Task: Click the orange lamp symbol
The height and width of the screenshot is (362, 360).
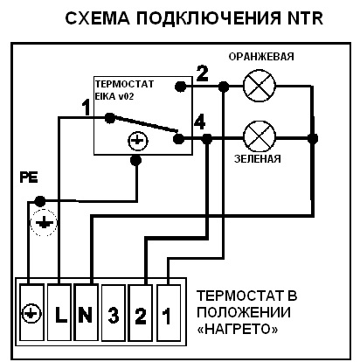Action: point(260,86)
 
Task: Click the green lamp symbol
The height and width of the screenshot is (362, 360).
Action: point(260,137)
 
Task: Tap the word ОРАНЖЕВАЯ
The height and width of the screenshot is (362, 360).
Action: point(261,56)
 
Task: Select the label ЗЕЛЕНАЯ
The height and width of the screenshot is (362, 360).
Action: point(258,159)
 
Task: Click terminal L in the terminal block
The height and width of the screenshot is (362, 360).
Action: point(59,312)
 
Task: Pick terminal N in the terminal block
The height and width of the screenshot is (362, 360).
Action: point(87,312)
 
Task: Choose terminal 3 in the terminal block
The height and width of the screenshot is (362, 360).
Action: point(114,312)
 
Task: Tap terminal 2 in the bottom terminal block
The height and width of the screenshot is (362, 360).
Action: point(141,312)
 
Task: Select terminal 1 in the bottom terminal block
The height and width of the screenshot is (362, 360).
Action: point(169,312)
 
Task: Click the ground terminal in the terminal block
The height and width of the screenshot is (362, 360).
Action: point(31,312)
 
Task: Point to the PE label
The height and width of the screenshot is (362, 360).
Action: point(29,178)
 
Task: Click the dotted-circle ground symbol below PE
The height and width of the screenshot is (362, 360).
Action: point(44,222)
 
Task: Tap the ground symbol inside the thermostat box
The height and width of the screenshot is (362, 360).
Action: point(138,141)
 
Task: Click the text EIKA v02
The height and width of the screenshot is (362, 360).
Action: point(114,96)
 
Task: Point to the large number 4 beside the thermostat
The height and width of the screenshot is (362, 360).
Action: point(200,122)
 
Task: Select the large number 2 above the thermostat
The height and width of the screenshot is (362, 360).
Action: point(203,73)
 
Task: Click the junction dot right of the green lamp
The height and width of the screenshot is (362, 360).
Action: point(313,138)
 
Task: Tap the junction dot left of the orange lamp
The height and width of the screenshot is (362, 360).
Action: point(224,87)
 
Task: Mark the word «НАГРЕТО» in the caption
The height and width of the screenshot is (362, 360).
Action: point(238,330)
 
